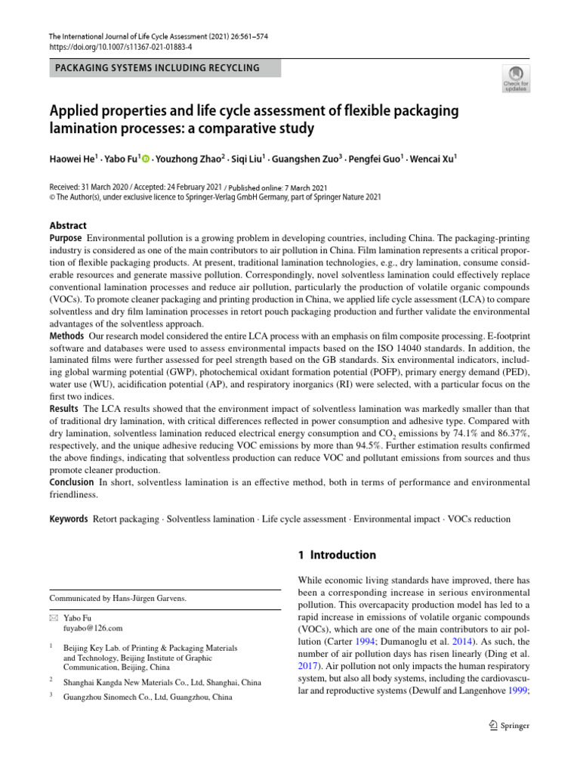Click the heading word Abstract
[68, 225]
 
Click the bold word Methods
[66, 335]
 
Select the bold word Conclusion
[71, 482]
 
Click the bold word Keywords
[68, 519]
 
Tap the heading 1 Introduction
[336, 555]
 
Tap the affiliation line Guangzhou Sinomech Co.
[148, 697]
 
